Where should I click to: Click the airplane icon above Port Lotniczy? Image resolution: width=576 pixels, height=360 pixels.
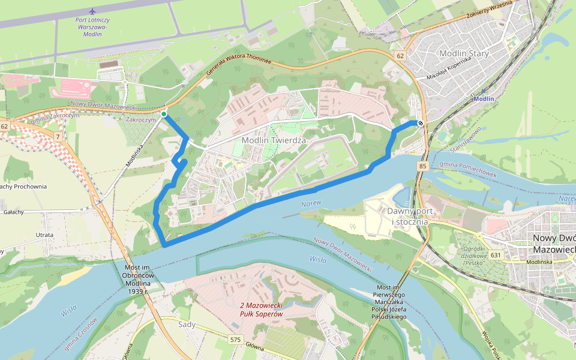click(92, 11)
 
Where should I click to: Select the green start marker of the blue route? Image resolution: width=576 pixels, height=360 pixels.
click(164, 113)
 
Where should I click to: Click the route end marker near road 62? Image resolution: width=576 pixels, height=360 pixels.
click(421, 123)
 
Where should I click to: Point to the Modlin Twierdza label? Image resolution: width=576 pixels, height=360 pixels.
click(274, 140)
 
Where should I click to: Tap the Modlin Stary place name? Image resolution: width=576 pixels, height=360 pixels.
click(464, 53)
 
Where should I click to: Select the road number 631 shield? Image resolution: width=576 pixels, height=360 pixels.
click(495, 255)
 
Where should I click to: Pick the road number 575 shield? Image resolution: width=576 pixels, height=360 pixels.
click(236, 340)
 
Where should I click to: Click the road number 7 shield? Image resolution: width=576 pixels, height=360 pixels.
click(58, 137)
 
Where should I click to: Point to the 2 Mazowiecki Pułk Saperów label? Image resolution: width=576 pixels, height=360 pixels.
click(260, 308)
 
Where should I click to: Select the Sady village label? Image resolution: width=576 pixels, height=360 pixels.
click(187, 324)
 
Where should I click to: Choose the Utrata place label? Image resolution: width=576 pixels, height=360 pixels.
click(44, 235)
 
